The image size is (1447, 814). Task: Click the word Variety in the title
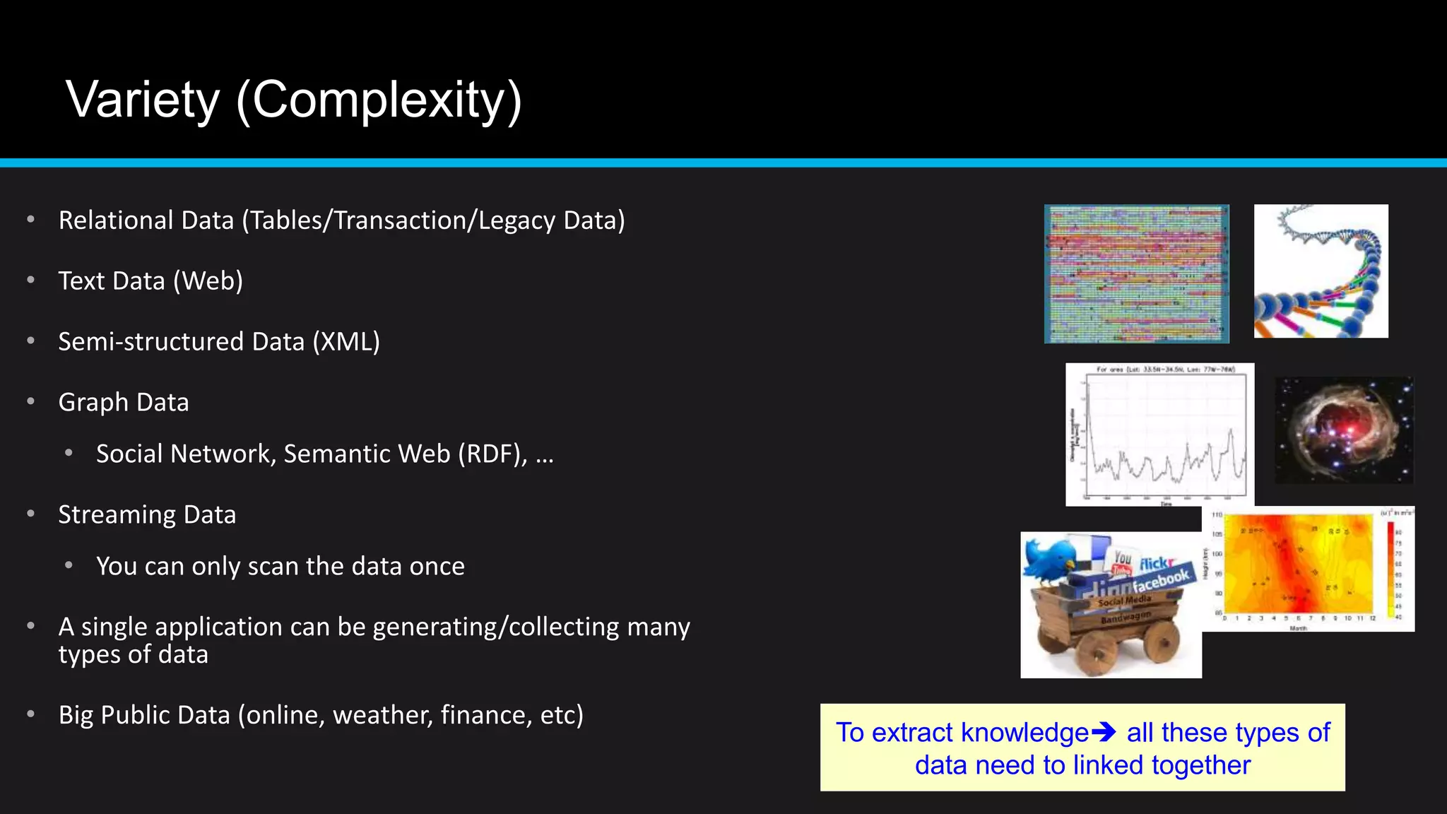click(x=143, y=100)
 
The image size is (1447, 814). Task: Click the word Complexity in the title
click(x=379, y=100)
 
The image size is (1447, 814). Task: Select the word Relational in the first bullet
click(x=115, y=220)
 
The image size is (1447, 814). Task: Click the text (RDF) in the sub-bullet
click(x=492, y=454)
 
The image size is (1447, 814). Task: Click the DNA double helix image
click(x=1321, y=271)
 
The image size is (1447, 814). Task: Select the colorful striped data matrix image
click(x=1136, y=274)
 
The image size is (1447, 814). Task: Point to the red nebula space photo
click(x=1344, y=430)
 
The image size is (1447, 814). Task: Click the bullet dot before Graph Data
click(x=30, y=402)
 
